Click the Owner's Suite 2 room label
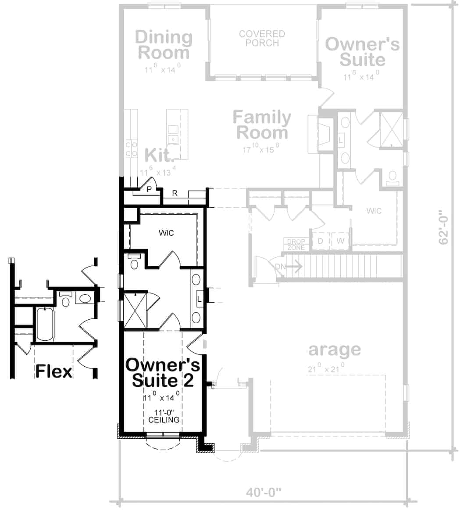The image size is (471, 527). (163, 372)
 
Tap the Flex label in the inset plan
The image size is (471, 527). (54, 372)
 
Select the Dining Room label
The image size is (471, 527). (163, 45)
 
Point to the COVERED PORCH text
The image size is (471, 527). (262, 38)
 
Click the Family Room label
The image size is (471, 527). (262, 125)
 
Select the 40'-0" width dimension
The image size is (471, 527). (263, 492)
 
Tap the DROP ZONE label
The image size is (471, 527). (296, 245)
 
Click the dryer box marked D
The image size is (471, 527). (320, 241)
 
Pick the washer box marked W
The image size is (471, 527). (340, 241)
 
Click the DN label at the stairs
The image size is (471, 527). (280, 267)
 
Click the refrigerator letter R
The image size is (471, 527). (175, 193)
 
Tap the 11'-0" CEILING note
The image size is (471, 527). (164, 416)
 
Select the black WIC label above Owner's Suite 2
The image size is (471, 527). (166, 233)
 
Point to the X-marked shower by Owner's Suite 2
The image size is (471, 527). (134, 310)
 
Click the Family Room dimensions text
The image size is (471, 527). (261, 149)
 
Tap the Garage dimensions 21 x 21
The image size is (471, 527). (325, 368)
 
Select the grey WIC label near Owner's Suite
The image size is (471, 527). (374, 211)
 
